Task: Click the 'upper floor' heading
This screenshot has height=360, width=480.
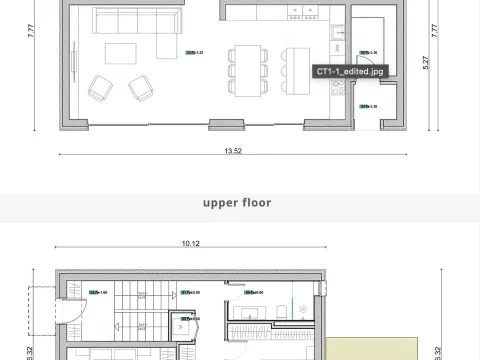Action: [x=237, y=202]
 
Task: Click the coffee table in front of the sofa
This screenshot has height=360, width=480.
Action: [x=125, y=53]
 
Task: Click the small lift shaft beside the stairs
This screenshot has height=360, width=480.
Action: [x=179, y=324]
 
